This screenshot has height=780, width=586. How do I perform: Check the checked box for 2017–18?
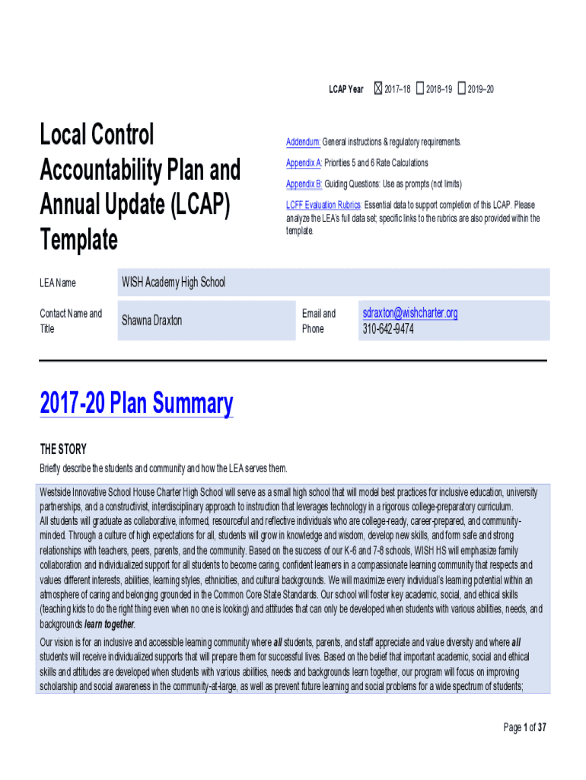[377, 89]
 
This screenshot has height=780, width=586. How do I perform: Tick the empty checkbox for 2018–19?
[420, 89]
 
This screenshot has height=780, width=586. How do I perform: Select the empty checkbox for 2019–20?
[461, 89]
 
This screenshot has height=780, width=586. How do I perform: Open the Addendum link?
[303, 142]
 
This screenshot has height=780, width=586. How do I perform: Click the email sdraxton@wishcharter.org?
[410, 313]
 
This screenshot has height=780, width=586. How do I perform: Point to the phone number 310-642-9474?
[388, 329]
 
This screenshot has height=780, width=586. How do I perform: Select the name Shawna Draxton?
[152, 321]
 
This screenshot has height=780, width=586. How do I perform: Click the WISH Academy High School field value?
[174, 283]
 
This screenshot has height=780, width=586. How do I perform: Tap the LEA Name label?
[58, 283]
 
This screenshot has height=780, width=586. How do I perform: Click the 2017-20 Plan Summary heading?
[136, 403]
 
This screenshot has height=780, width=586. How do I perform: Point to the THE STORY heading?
[63, 449]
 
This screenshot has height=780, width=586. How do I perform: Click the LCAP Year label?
[346, 90]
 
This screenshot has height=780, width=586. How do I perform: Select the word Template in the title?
[78, 241]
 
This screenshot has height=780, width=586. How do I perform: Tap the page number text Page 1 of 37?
[525, 727]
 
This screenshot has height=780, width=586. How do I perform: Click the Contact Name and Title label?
[70, 321]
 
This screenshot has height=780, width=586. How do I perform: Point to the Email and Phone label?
[318, 321]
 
